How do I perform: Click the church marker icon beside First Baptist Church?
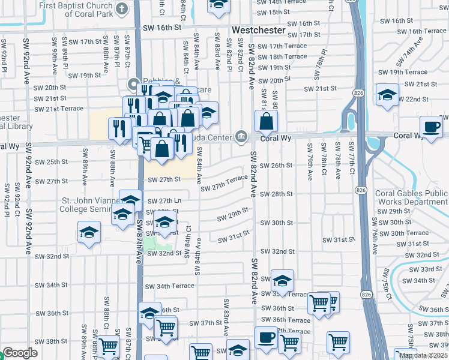pyautogui.click(x=122, y=8)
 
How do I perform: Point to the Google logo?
pyautogui.click(x=20, y=353)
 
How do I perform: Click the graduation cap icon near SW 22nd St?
pyautogui.click(x=387, y=94)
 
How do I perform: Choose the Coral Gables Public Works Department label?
pyautogui.click(x=411, y=197)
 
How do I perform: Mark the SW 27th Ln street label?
pyautogui.click(x=164, y=200)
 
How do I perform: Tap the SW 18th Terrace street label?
pyautogui.click(x=280, y=56)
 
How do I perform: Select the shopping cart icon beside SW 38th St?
pyautogui.click(x=109, y=347)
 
